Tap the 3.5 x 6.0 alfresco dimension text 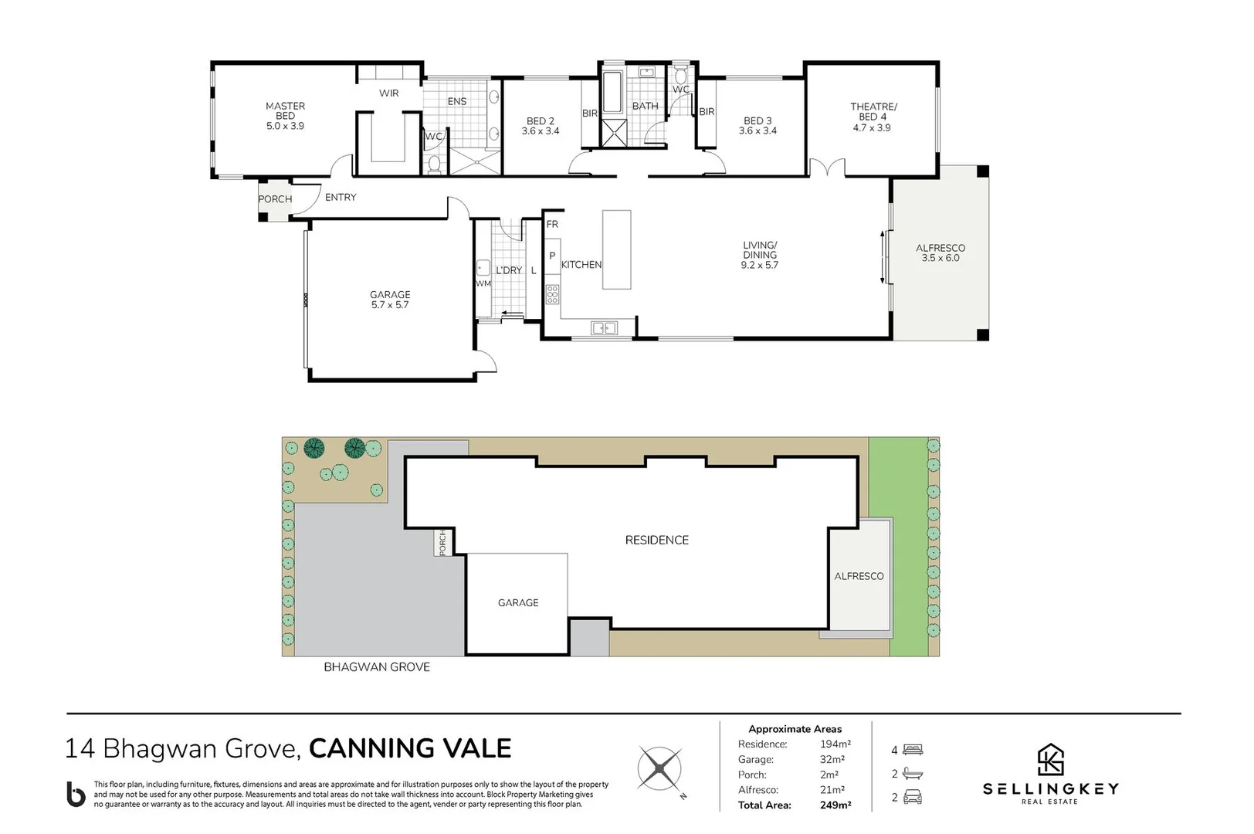pos(940,259)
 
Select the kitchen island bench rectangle pos(616,249)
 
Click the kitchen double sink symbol pos(604,328)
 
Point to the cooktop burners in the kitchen pos(552,294)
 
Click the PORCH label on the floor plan pos(275,199)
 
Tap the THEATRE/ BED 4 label pos(873,112)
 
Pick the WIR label pos(388,93)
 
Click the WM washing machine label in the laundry pos(483,283)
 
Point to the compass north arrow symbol pos(660,769)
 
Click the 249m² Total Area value pos(835,805)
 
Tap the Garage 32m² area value pos(832,759)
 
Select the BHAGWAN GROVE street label pos(376,667)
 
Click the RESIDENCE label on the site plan pos(656,541)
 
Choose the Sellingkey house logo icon pos(1049,759)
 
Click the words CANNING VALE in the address pos(410,748)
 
